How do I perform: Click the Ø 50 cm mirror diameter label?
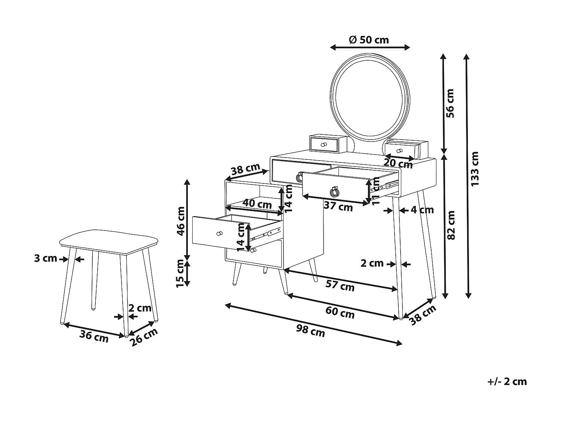[369, 40]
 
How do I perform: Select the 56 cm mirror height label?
[450, 103]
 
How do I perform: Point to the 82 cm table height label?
[451, 225]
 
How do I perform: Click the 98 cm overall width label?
[310, 330]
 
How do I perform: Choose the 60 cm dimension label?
[340, 312]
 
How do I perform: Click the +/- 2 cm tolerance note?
[507, 381]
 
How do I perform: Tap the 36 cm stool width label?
[94, 336]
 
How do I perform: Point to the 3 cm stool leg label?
[46, 258]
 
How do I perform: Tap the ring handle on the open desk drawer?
[334, 192]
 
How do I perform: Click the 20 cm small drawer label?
[398, 164]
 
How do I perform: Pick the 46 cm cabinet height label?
[181, 220]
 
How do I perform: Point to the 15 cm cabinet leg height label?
[181, 274]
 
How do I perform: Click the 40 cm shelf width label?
[257, 204]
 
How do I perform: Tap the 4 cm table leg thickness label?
[422, 210]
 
